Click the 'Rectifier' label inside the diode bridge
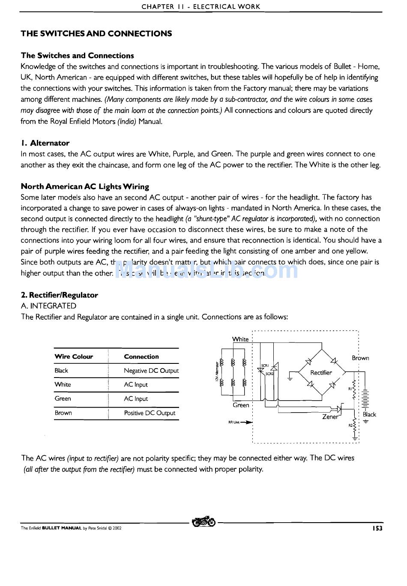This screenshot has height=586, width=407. tap(321, 372)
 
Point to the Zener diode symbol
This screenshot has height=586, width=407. tap(340, 408)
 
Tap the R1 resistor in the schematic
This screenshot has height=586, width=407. tap(354, 389)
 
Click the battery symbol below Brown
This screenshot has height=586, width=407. tap(365, 398)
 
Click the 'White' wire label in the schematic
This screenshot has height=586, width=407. tap(240, 339)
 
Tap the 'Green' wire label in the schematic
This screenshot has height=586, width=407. tap(241, 405)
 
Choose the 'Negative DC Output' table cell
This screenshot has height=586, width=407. tap(151, 371)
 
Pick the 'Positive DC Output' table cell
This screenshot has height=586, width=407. tap(150, 413)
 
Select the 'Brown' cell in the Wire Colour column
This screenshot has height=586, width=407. tap(63, 413)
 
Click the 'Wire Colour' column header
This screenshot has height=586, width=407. tap(74, 357)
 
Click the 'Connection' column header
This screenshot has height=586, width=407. tap(141, 357)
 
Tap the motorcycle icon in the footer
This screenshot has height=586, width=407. tap(204, 522)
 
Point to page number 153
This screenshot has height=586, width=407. tap(377, 528)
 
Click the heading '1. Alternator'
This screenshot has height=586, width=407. tap(45, 143)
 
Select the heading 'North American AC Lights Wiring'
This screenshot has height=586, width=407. tap(85, 186)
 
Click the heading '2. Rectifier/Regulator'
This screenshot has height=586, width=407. tap(59, 295)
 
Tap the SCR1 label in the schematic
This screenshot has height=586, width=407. tap(265, 366)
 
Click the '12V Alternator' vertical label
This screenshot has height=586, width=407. tap(217, 372)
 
